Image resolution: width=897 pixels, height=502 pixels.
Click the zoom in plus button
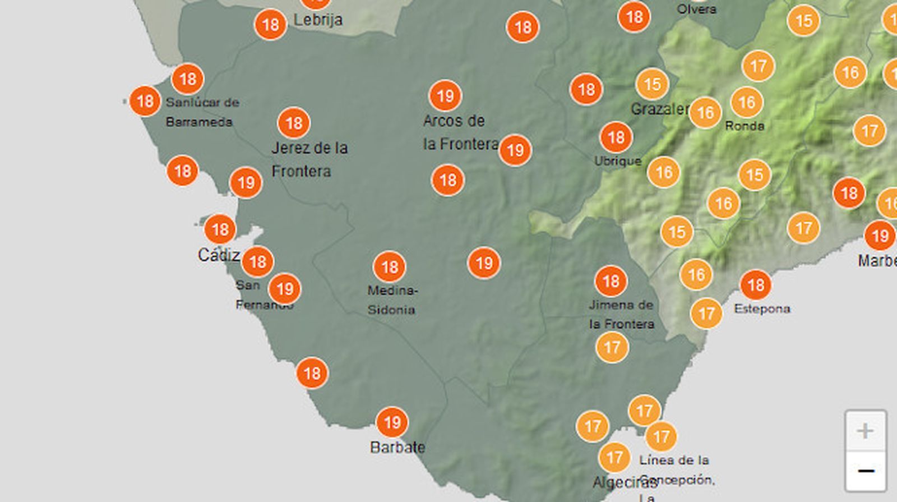point(865,431)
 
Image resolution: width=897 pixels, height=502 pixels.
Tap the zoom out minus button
point(865,471)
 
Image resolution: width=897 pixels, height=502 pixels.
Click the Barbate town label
point(397,447)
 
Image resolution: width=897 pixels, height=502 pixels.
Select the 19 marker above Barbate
point(392,422)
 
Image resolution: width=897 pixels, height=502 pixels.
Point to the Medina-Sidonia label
point(391,300)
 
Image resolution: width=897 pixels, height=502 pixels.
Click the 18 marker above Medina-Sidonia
point(389,267)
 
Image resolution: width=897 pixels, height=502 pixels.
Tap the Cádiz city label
point(219,255)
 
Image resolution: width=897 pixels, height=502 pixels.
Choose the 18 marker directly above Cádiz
point(220,229)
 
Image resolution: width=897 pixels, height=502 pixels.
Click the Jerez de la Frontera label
point(309,159)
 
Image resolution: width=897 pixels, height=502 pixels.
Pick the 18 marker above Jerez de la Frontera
point(294,123)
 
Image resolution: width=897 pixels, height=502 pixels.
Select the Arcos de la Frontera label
point(460,132)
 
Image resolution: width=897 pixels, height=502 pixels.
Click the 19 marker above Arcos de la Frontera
point(445,96)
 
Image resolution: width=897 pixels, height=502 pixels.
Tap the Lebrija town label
point(318,20)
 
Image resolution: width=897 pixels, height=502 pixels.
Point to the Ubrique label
point(617,161)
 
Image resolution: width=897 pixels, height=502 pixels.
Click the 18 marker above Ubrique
point(616,137)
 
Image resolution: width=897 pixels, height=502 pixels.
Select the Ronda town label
point(745,126)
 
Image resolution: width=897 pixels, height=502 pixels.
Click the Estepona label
point(762,308)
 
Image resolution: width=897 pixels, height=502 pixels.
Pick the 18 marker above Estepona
point(755,285)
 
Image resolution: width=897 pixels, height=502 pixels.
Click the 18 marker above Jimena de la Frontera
point(611,281)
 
